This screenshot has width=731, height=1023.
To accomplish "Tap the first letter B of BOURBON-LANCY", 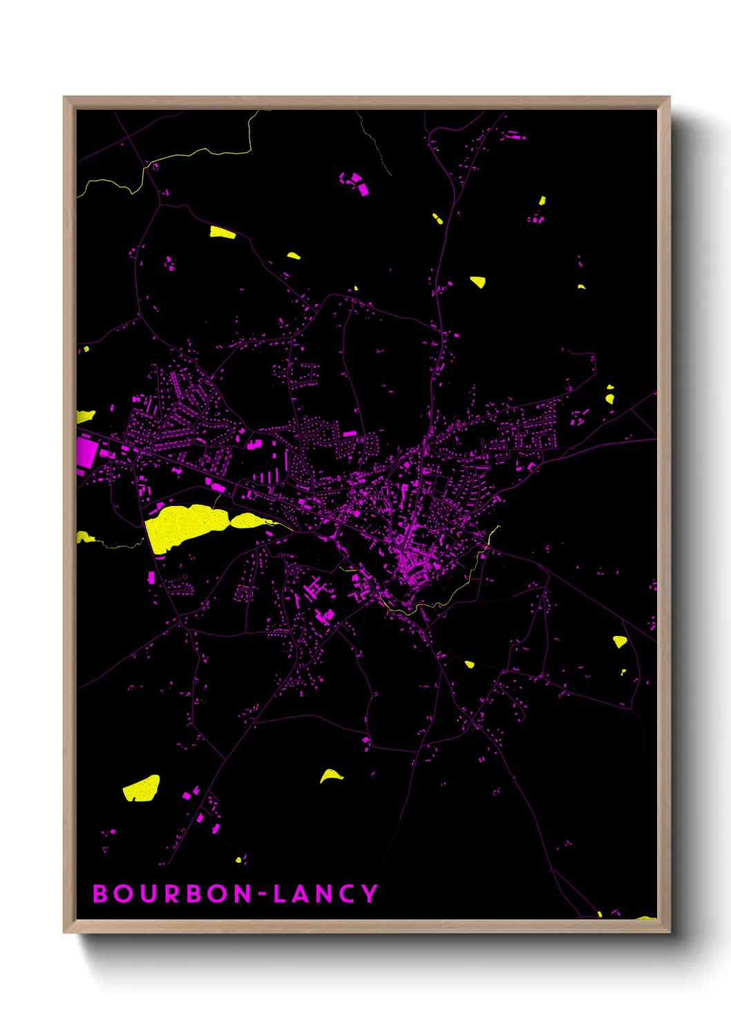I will click(100, 894).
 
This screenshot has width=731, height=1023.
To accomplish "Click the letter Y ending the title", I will click(370, 894).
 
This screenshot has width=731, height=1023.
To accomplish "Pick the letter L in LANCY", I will click(280, 894).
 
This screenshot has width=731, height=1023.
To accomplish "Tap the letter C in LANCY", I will click(348, 894).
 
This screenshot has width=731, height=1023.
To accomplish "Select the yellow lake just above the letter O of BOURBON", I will click(142, 788).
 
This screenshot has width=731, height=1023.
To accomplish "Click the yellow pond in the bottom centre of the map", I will click(331, 776).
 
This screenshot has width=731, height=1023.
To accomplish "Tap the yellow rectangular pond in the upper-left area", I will click(222, 232).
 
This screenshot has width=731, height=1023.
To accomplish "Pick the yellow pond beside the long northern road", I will click(477, 281).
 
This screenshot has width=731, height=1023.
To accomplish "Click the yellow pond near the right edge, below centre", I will click(620, 641).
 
